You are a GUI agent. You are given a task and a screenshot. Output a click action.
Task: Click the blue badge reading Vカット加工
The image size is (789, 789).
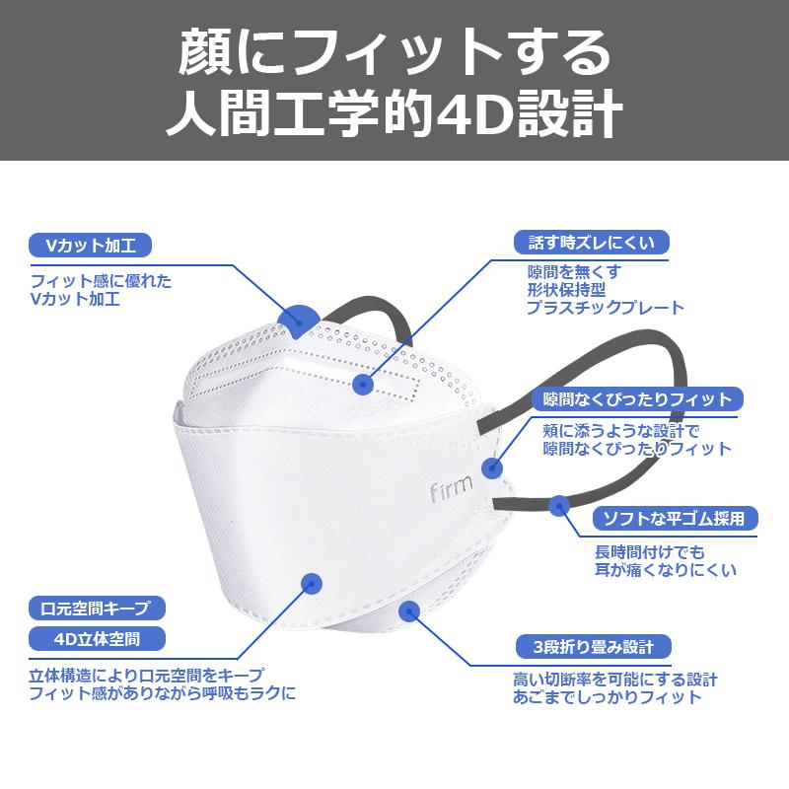[91, 246]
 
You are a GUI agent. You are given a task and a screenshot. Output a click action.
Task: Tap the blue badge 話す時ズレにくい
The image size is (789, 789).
[591, 243]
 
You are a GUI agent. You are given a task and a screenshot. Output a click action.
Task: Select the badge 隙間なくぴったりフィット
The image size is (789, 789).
[637, 399]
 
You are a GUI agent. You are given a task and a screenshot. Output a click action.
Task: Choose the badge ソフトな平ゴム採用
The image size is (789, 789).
[675, 519]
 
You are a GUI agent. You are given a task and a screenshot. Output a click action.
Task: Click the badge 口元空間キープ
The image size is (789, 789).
[97, 609]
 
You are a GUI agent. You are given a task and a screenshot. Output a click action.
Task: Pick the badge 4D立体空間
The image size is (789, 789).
[97, 639]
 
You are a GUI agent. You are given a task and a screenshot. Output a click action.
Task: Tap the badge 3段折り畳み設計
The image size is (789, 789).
[594, 647]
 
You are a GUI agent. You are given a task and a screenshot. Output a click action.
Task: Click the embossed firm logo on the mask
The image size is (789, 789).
[452, 487]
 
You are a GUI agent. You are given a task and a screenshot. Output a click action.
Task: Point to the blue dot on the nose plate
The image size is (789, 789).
[363, 385]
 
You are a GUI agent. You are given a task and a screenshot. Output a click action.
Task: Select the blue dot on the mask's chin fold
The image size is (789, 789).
[409, 611]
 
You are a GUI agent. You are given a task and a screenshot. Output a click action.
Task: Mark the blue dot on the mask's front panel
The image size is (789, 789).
[312, 584]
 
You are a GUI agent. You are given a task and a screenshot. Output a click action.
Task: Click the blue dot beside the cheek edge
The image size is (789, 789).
[491, 468]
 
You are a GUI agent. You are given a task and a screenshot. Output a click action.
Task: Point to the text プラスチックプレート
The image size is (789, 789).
[606, 308]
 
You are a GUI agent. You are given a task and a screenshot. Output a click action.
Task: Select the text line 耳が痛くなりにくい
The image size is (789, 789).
[666, 570]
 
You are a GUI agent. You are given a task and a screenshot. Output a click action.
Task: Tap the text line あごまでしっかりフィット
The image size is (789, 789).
[608, 697]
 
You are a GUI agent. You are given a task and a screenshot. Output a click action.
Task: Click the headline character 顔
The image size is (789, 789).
[205, 52]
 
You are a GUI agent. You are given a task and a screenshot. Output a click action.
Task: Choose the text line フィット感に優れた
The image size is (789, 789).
[102, 281]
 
